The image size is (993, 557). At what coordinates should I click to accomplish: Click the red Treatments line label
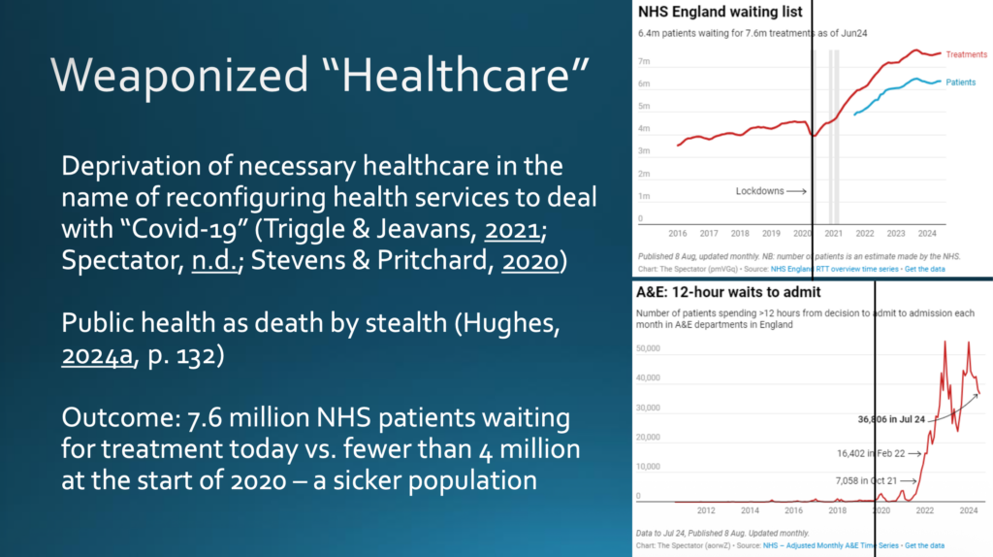pos(967,54)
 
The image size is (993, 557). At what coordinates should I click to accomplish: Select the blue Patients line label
pos(960,83)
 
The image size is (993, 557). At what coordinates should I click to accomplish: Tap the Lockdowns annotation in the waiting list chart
pos(759,191)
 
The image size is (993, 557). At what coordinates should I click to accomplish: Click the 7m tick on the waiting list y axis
pos(642,61)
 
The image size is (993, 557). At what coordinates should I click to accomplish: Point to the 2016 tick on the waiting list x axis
pos(678,234)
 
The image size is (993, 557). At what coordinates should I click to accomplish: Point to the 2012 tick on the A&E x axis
pos(706,509)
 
